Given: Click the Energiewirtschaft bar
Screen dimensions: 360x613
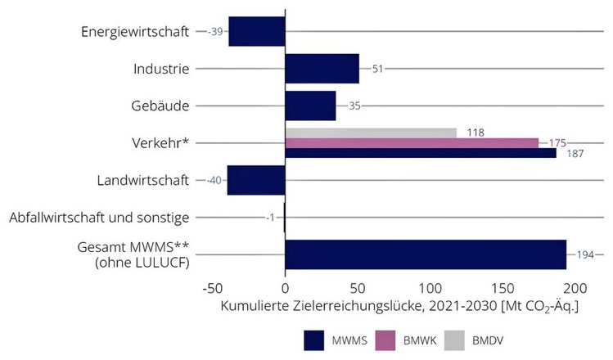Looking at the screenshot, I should pos(257,31).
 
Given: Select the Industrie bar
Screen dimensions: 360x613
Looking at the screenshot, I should pos(322,69).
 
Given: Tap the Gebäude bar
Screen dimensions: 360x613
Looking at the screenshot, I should pos(310,106).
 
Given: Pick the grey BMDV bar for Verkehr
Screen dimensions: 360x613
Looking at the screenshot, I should pos(371,133).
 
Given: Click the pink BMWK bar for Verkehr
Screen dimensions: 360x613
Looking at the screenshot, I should pos(412,143).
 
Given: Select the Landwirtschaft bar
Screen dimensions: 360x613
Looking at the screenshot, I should pos(256,180).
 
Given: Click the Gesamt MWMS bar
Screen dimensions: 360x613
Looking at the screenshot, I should pos(426,254).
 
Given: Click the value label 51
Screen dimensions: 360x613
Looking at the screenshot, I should pos(377,69).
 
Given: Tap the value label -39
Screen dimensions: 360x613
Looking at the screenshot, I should pos(216,31).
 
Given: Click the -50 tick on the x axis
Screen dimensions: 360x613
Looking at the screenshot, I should pos(212,289).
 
